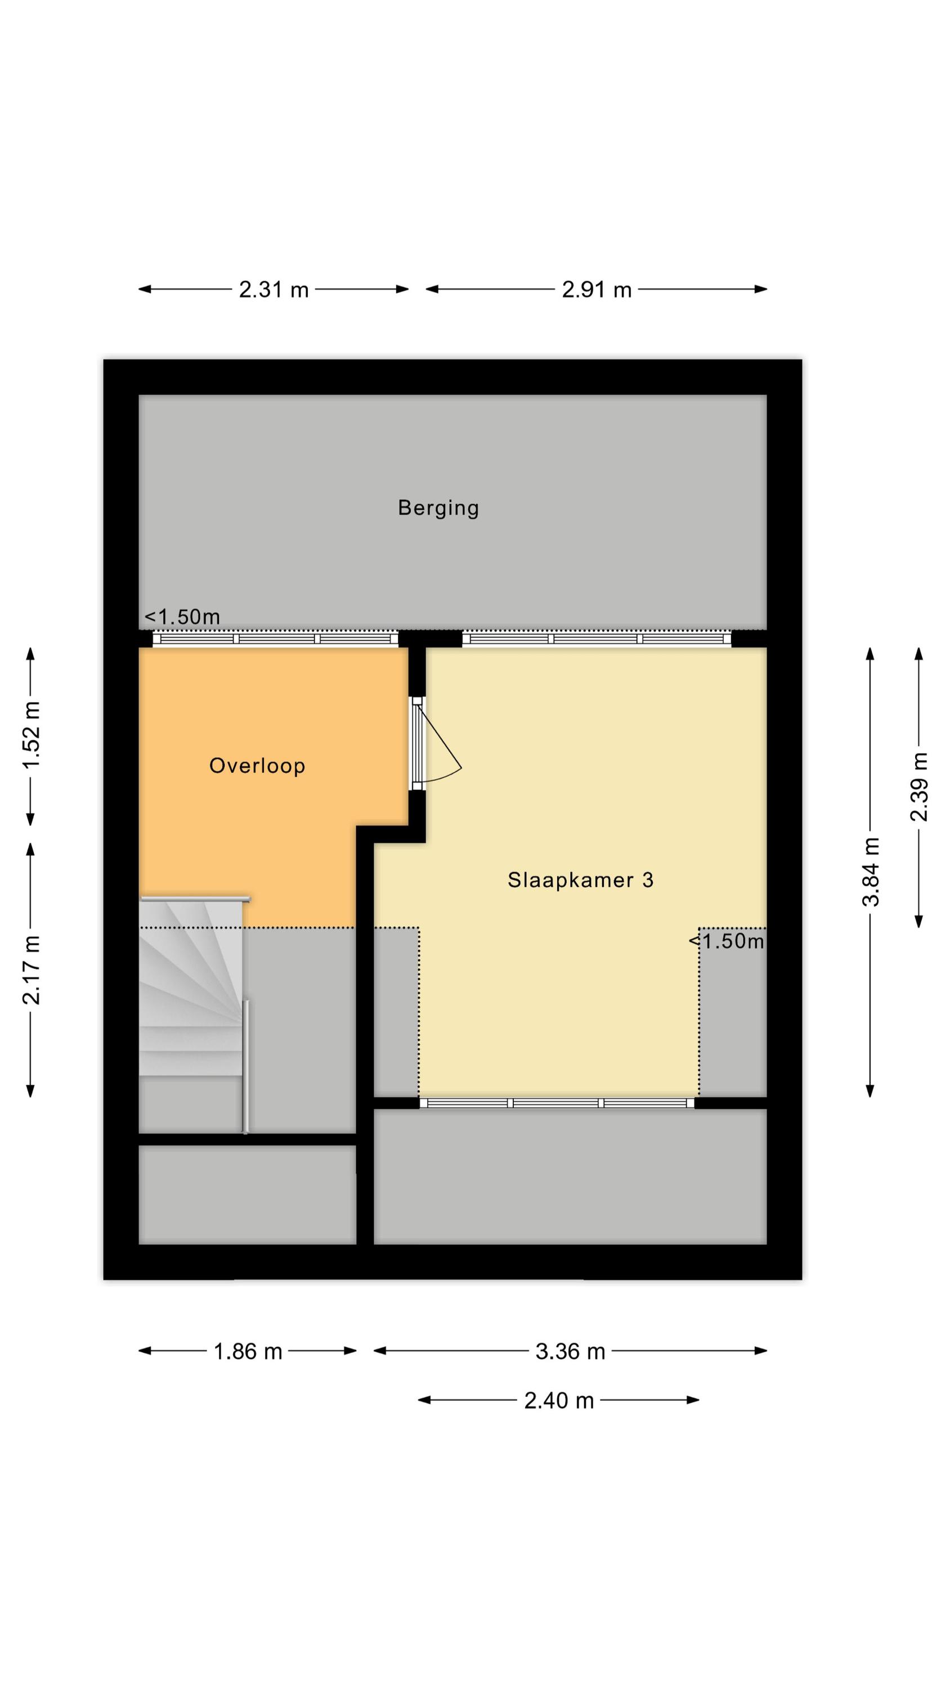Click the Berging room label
[x=438, y=508]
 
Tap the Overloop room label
[x=257, y=766]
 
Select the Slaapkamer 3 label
[x=580, y=880]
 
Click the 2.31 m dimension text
[x=274, y=289]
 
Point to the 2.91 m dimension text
[x=597, y=289]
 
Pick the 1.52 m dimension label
[x=31, y=735]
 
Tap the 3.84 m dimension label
[x=870, y=872]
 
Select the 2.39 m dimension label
[x=918, y=787]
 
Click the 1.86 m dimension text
[x=248, y=1352]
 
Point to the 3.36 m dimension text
[x=570, y=1352]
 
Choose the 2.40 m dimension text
[x=559, y=1401]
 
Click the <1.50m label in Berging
[x=182, y=617]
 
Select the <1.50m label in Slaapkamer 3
[x=727, y=941]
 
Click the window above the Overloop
[x=275, y=638]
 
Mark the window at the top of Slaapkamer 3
[x=597, y=638]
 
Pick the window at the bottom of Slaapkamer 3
[x=557, y=1103]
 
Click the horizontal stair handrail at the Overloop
[x=195, y=899]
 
